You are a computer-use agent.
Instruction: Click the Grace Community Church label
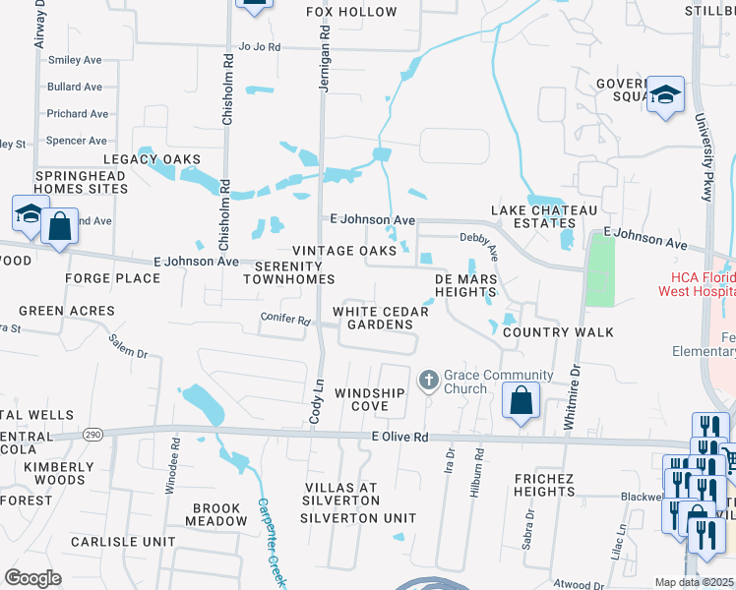pyautogui.click(x=465, y=382)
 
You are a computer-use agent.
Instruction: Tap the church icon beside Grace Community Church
pyautogui.click(x=429, y=379)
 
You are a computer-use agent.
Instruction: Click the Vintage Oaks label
pyautogui.click(x=337, y=251)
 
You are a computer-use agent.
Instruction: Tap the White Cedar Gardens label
pyautogui.click(x=381, y=318)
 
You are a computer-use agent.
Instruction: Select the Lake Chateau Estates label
pyautogui.click(x=545, y=217)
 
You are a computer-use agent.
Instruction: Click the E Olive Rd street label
pyautogui.click(x=400, y=437)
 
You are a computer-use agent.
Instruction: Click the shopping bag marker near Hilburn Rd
pyautogui.click(x=521, y=401)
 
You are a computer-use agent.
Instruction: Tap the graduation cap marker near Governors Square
pyautogui.click(x=666, y=95)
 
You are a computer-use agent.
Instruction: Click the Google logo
pyautogui.click(x=32, y=577)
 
